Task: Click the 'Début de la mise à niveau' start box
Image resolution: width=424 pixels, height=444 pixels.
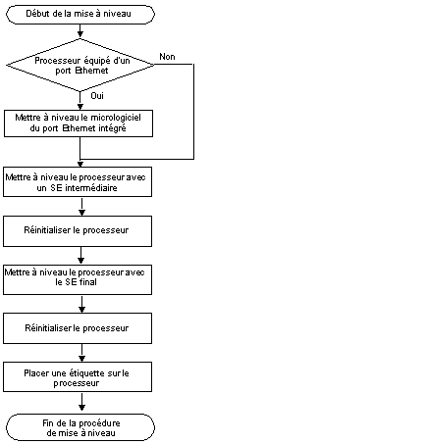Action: click(80, 15)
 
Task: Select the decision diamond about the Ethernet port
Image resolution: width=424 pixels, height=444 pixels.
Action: click(80, 65)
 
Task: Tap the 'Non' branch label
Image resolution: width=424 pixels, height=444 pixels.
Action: click(167, 57)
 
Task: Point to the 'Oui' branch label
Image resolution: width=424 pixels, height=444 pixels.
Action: click(97, 96)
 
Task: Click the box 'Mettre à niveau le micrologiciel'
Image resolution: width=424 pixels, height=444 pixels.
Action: click(79, 123)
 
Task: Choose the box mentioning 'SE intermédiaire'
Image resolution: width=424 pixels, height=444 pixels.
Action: click(78, 182)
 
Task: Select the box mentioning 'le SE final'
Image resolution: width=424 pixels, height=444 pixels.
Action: click(78, 279)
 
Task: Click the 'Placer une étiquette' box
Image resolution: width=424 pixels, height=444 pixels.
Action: click(78, 376)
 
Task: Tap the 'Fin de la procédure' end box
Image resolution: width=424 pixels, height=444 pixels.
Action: click(80, 427)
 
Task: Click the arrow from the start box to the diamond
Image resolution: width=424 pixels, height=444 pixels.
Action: click(80, 30)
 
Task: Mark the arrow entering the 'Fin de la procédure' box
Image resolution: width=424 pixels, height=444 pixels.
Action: click(81, 402)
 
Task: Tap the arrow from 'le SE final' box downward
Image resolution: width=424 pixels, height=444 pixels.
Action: click(81, 304)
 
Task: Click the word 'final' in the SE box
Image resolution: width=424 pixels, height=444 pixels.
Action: click(88, 282)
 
